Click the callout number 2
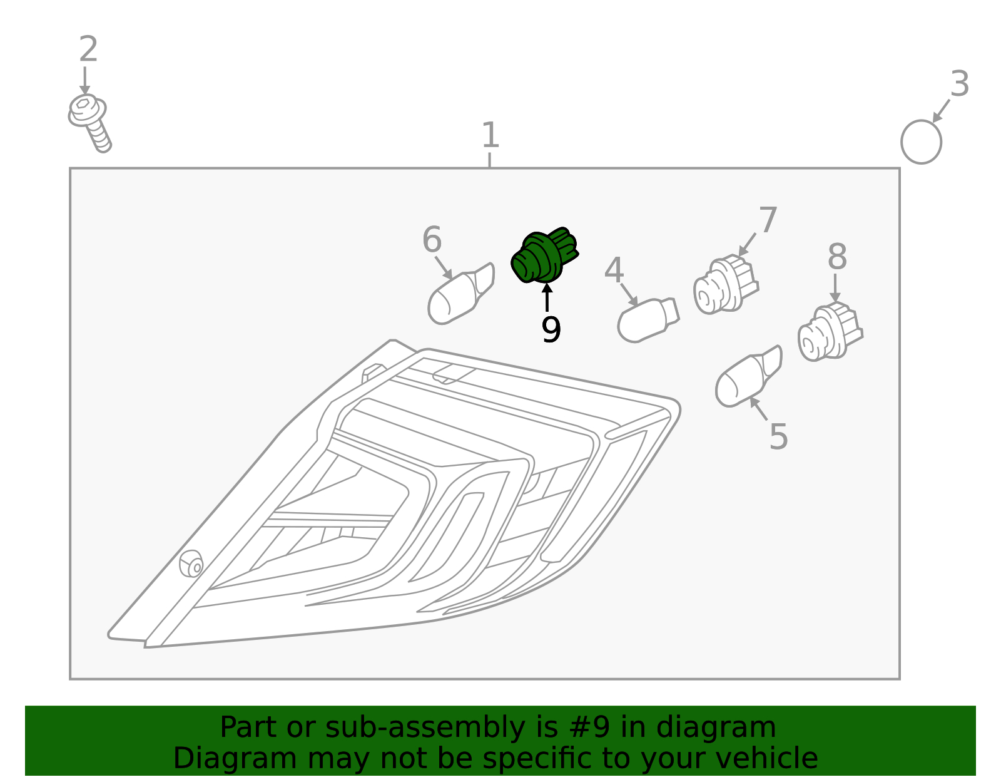tap(88, 49)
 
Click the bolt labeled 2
tap(89, 123)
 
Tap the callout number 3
tap(960, 84)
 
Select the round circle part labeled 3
tap(922, 142)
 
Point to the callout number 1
tap(490, 135)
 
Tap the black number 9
tap(551, 329)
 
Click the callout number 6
tap(432, 240)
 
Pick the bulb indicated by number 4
tap(648, 320)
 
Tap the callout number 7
tap(768, 220)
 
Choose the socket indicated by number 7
tap(726, 284)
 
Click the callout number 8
tap(837, 257)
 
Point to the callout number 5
tap(778, 436)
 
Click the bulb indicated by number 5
tap(749, 376)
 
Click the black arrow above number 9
tap(547, 297)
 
